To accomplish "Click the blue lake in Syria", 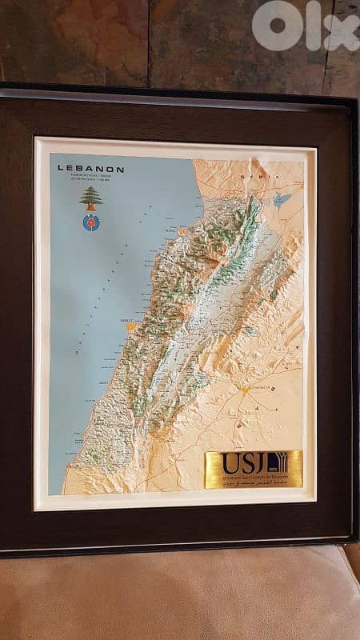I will pyautogui.click(x=282, y=199).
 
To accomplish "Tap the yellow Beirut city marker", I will pyautogui.click(x=130, y=326).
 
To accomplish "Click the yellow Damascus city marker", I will pyautogui.click(x=246, y=390).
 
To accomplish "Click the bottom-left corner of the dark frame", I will pyautogui.click(x=5, y=550).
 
